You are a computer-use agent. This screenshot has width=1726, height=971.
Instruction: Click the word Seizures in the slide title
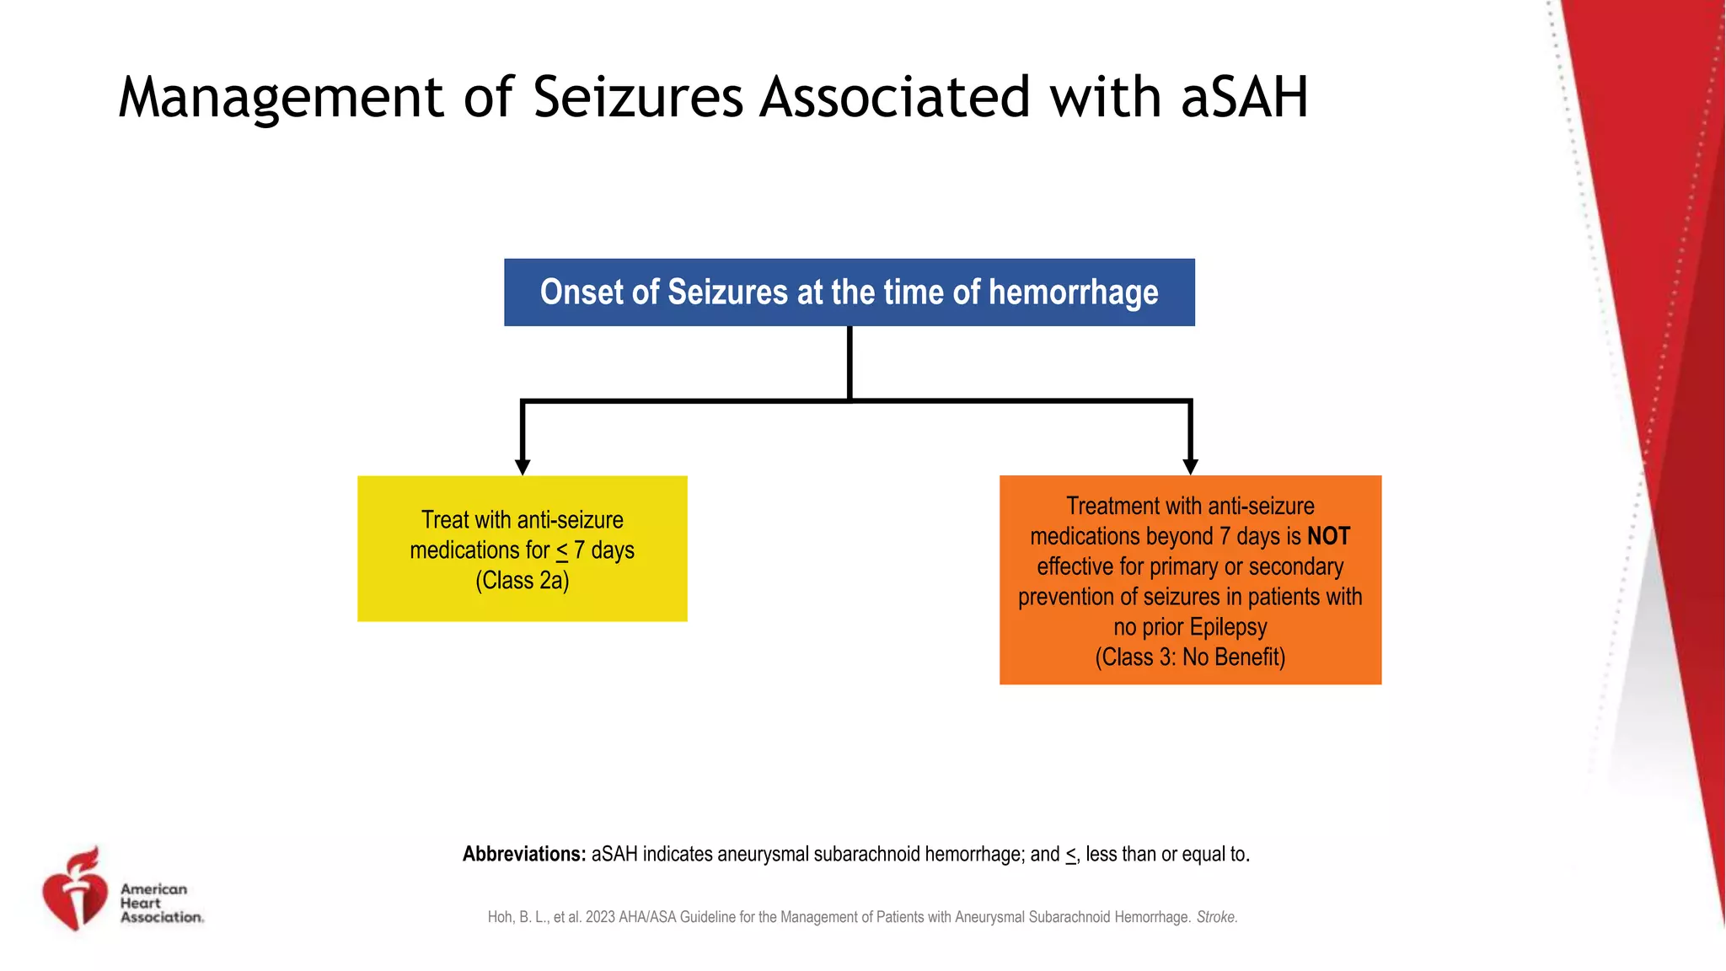coord(638,97)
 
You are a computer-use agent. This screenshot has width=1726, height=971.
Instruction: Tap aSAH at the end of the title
coord(1244,97)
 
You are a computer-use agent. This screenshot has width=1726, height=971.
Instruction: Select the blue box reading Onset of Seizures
coord(849,292)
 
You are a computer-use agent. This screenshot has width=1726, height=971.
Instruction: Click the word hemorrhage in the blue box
coord(1073,292)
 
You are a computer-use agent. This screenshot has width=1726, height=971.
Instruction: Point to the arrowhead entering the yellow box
coord(523,467)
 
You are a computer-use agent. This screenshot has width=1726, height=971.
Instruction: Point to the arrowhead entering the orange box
coord(1190,467)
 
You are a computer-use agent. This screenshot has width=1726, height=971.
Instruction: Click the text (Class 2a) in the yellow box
coord(522,581)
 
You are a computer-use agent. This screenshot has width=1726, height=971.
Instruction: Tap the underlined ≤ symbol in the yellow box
coord(562,551)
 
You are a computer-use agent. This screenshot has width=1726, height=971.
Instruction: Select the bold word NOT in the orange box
coord(1328,536)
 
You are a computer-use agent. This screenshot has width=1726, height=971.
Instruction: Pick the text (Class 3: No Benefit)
coord(1190,657)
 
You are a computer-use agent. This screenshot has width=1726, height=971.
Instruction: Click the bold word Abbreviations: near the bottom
coord(523,854)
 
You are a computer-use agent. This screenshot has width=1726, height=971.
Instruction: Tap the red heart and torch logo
coord(75,890)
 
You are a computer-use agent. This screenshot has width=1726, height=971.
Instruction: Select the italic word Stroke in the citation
coord(1215,917)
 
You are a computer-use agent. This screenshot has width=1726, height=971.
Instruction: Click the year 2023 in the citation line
coord(600,917)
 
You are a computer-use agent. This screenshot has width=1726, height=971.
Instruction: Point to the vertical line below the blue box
coord(850,362)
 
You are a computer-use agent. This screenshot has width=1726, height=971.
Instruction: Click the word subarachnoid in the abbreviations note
coord(870,854)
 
